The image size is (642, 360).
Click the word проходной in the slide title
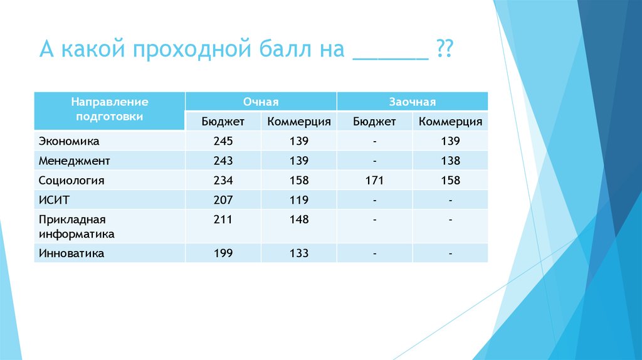(x=192, y=50)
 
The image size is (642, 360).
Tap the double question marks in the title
(x=445, y=48)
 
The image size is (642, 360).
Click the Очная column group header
(x=261, y=102)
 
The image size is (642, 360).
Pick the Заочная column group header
(x=413, y=102)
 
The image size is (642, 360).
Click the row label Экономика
(x=69, y=141)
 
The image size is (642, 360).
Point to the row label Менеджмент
(x=74, y=161)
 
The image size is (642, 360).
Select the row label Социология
(x=71, y=181)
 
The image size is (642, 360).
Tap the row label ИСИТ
(x=54, y=200)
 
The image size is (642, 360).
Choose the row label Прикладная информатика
(x=76, y=226)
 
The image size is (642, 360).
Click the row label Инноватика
(x=71, y=253)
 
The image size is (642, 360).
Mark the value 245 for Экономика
(x=223, y=141)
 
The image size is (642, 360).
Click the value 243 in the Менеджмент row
(x=223, y=161)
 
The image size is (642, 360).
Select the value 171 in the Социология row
(x=374, y=180)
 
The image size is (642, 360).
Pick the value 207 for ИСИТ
(x=223, y=200)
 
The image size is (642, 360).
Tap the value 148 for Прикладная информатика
(x=299, y=219)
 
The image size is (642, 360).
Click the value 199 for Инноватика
(x=223, y=253)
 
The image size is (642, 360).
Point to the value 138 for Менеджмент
(x=450, y=161)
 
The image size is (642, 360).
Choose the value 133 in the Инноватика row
(x=299, y=253)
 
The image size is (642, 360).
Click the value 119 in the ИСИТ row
(x=299, y=200)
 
